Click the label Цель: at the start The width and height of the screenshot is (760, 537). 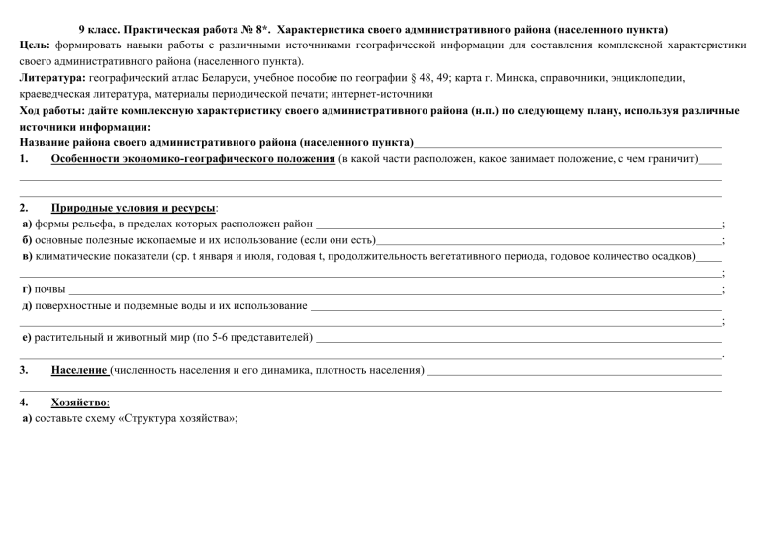coord(36,45)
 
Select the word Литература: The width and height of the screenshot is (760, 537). coord(52,76)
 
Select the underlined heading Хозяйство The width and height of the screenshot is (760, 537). coord(80,403)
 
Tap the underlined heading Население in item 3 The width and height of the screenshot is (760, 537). coord(79,370)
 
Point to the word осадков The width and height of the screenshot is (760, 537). coord(674,256)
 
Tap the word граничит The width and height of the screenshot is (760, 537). coord(669,159)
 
